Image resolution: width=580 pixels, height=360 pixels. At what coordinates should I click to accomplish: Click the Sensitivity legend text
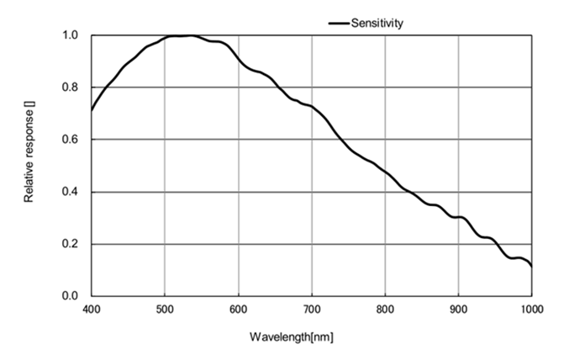click(377, 24)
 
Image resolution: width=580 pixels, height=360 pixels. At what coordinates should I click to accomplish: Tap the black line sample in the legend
click(338, 24)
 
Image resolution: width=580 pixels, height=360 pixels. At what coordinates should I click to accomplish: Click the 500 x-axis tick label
click(165, 310)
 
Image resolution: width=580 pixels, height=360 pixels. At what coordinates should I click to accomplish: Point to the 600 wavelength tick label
click(238, 310)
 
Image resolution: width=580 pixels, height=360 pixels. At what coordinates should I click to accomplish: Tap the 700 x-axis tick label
click(312, 310)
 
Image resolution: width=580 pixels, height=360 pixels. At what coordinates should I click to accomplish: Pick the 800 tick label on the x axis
click(385, 310)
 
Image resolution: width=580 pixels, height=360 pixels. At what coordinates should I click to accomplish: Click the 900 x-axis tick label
click(458, 310)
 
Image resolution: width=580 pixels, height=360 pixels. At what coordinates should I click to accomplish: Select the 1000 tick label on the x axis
click(530, 310)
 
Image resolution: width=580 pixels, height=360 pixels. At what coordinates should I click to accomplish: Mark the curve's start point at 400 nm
click(92, 109)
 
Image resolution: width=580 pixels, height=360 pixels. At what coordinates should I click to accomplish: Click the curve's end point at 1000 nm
click(531, 266)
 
